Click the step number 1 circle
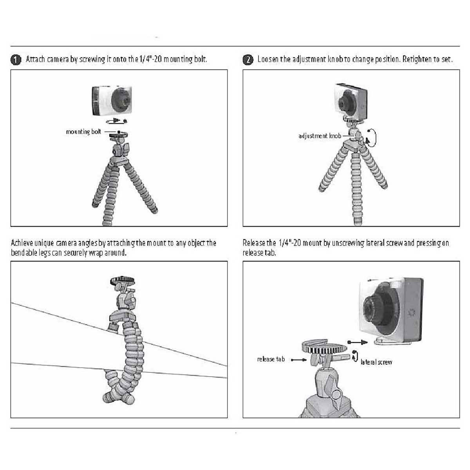point(16,60)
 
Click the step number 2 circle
point(248,60)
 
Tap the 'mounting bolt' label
point(83,132)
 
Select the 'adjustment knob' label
point(320,136)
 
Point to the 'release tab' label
point(271,359)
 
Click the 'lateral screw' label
point(376,362)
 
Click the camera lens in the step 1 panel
point(122,100)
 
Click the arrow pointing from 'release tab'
point(299,360)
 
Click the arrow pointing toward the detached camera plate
point(358,342)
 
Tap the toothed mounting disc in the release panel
point(325,347)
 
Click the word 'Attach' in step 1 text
point(35,59)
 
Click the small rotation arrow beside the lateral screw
point(355,356)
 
